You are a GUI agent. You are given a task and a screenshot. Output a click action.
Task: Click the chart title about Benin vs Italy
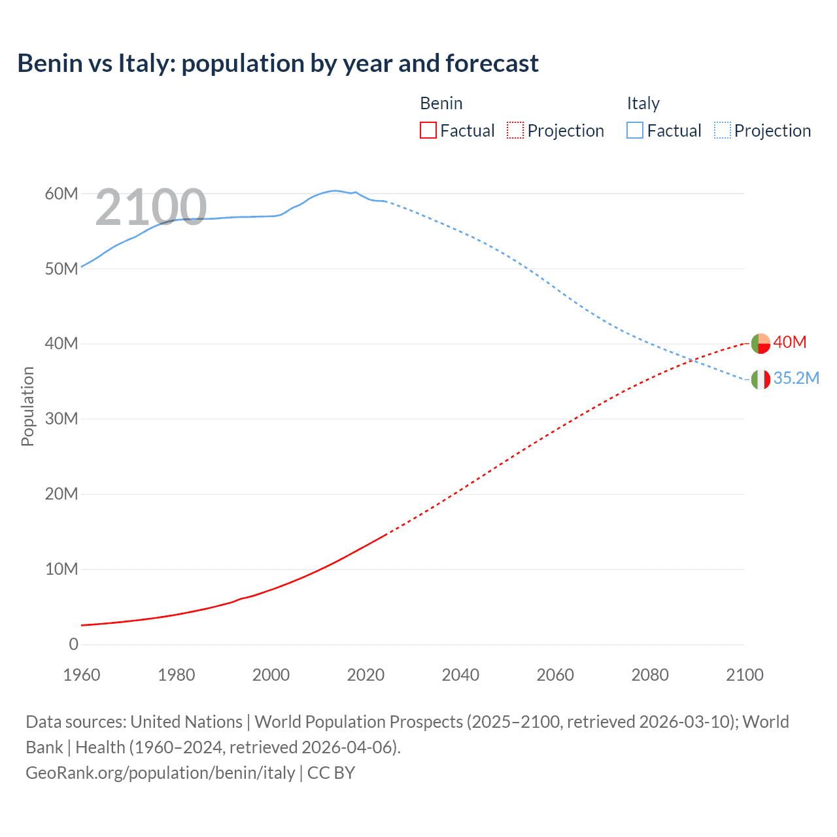(278, 63)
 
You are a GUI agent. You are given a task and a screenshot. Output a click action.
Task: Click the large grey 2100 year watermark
(151, 207)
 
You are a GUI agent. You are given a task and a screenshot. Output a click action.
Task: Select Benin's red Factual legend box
(428, 130)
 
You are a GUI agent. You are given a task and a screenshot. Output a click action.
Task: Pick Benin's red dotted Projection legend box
(515, 130)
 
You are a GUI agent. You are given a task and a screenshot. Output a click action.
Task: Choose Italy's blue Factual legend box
(634, 130)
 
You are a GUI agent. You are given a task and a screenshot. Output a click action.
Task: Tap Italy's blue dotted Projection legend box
(722, 130)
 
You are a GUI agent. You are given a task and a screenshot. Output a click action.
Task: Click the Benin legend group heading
(441, 103)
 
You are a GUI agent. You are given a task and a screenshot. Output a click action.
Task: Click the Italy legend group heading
(643, 103)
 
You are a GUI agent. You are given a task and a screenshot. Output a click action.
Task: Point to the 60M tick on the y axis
(61, 194)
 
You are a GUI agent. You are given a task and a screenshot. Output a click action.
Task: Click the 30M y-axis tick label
(61, 418)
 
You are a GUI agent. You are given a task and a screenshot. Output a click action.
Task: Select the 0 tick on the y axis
(73, 644)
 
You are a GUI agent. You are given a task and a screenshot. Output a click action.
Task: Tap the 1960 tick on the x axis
(82, 675)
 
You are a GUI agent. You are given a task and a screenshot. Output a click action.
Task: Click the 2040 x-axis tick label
(460, 675)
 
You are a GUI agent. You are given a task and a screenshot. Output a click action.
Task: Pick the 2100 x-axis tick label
(744, 675)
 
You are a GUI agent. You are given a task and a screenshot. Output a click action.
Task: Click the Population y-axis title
(27, 406)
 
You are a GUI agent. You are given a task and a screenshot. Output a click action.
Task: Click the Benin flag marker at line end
(760, 343)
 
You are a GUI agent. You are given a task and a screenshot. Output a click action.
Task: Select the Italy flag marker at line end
(760, 379)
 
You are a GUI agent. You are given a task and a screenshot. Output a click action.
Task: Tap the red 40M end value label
(790, 342)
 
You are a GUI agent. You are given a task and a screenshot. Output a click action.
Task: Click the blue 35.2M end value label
(796, 378)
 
